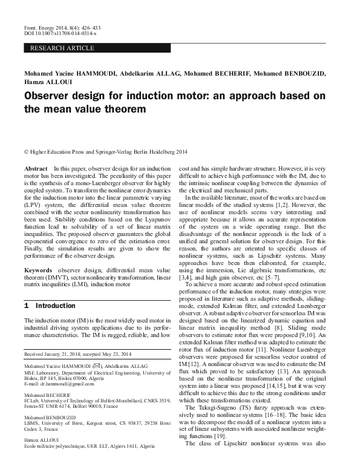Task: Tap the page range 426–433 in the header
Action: pos(88,27)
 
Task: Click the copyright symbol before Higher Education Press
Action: pos(26,152)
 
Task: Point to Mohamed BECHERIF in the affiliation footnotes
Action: pos(47,394)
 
